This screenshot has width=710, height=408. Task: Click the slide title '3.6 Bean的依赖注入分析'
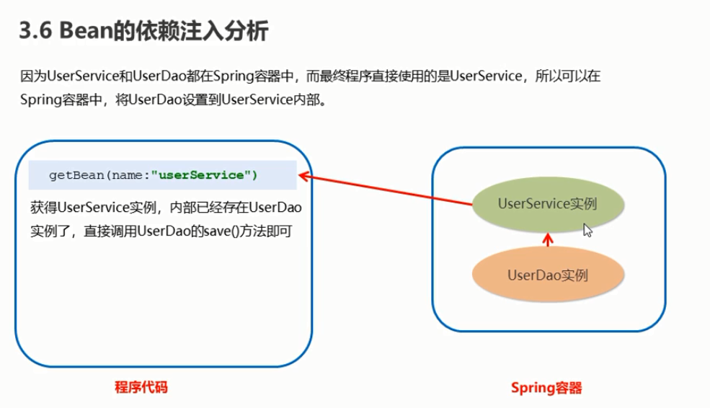tap(144, 32)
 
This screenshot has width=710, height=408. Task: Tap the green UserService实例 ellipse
tap(547, 205)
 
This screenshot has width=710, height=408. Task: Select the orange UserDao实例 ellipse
tap(547, 275)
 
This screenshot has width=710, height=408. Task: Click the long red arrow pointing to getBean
tap(389, 191)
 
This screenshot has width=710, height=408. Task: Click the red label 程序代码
tap(141, 387)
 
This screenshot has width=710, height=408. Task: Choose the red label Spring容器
tap(546, 388)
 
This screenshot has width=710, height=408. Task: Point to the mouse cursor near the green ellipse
tap(587, 230)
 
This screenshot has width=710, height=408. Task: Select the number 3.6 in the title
tap(35, 32)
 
